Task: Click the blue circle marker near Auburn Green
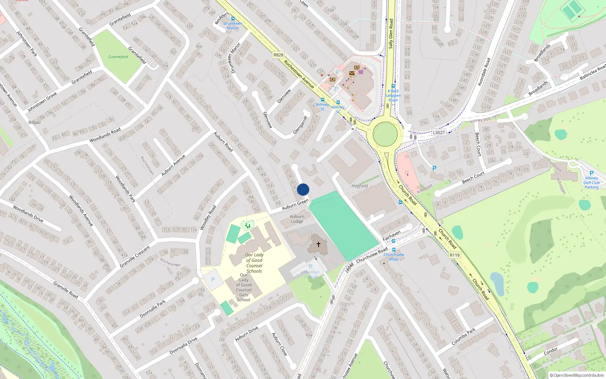coord(303,189)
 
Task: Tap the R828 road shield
coord(278,55)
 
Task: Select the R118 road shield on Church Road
coord(455,255)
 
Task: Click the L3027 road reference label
coord(439,132)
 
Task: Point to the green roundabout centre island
coord(385,134)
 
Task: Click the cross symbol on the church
coord(318,244)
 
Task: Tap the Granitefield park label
coord(118,57)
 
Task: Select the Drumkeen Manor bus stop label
coord(233,26)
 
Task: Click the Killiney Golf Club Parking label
coord(591,183)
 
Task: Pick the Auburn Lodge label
coord(297,219)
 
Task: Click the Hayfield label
coord(359,186)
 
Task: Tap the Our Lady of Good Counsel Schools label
coord(254,263)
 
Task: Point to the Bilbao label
coord(34,122)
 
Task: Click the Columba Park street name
coord(463,337)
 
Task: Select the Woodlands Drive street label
coord(28,214)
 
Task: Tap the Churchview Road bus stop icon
coord(394,250)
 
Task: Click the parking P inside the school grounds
coord(212,280)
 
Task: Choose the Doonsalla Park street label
coord(153,309)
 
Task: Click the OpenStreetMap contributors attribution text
coord(577,376)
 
